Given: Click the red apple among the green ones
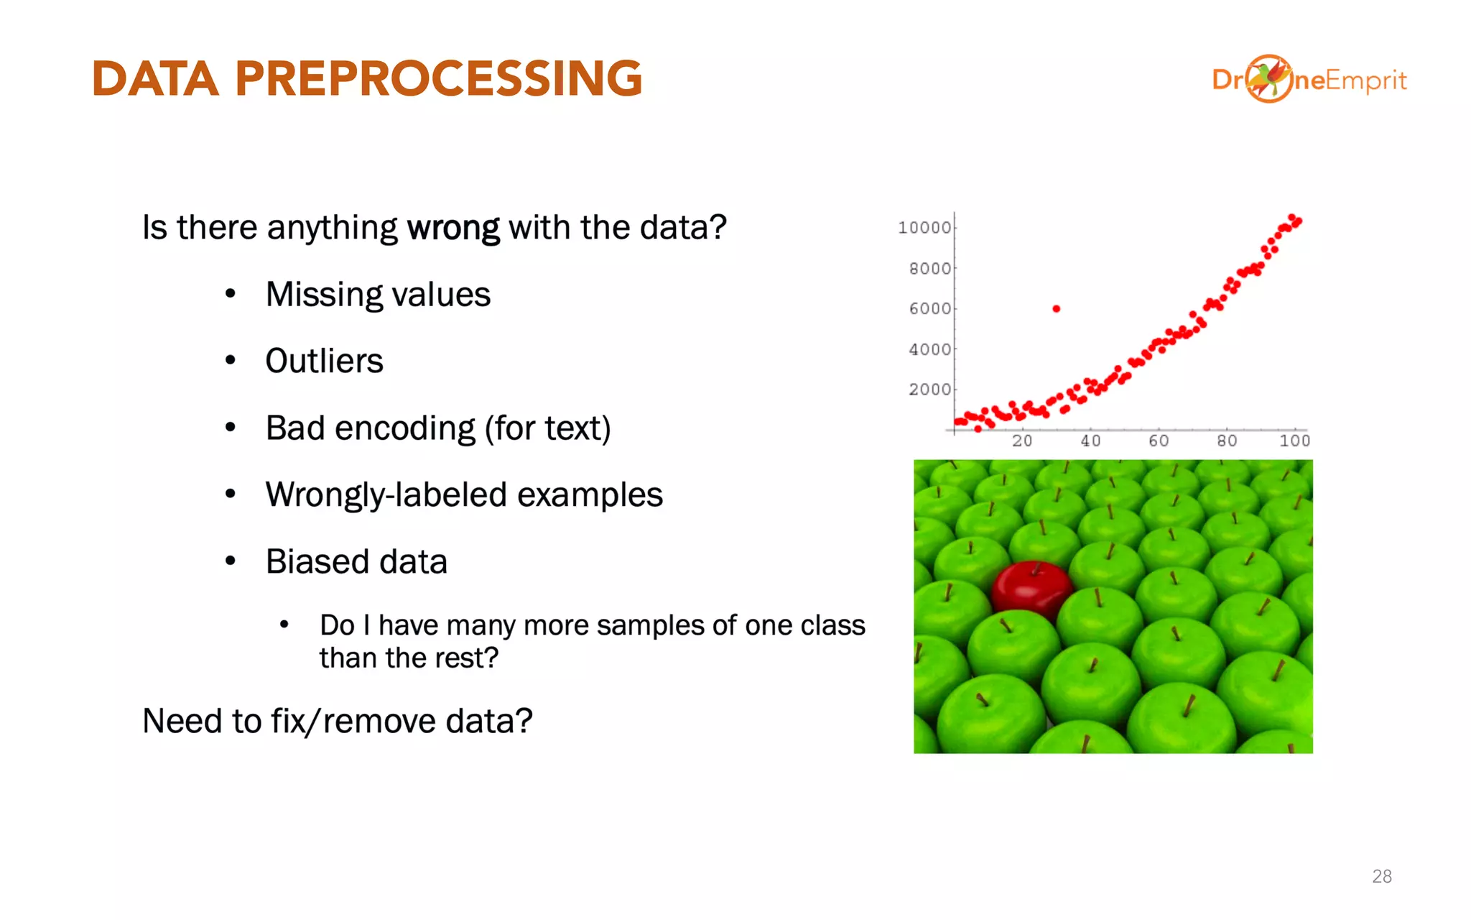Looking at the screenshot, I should click(1031, 589).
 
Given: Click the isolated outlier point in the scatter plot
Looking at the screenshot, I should click(1056, 309).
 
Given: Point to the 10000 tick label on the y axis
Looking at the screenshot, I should click(924, 228).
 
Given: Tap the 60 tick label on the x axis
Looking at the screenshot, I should click(1159, 441).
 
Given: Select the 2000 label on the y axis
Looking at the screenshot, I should click(929, 390).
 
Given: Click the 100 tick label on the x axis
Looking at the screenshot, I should click(1294, 441).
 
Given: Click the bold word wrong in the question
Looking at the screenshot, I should click(453, 229).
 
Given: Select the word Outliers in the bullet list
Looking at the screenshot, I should click(324, 361).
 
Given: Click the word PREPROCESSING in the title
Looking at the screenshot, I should click(438, 78).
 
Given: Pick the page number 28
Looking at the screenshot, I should click(1381, 876).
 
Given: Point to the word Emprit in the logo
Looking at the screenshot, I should click(1365, 80).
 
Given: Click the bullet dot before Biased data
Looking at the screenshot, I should click(231, 561).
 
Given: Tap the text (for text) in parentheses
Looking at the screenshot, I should click(547, 428).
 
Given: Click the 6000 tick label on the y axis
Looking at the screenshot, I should click(929, 309).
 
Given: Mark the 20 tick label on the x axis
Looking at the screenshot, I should click(1022, 441).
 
